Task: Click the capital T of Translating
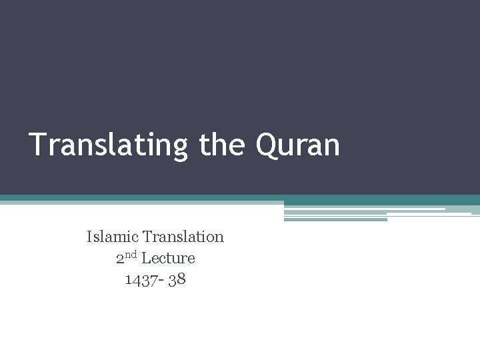click(x=37, y=144)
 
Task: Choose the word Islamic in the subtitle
click(x=113, y=237)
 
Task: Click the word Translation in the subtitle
click(x=183, y=237)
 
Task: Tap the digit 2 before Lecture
click(x=120, y=259)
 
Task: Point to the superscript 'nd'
click(x=131, y=255)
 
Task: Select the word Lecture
click(x=168, y=258)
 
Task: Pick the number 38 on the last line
click(x=177, y=279)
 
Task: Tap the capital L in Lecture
click(x=146, y=258)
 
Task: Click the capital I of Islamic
click(x=89, y=237)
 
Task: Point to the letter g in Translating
click(x=181, y=148)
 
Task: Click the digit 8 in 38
click(x=181, y=279)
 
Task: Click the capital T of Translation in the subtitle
click(x=147, y=237)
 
